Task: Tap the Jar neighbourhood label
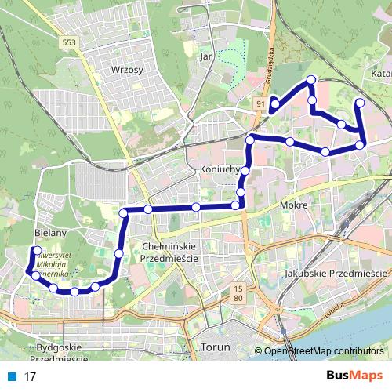coord(207,56)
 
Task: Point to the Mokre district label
coord(292,207)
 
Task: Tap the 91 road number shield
coord(260,102)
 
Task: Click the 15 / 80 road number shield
coord(238,294)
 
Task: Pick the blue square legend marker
coord(10,376)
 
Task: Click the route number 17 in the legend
coord(31,376)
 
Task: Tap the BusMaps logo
coord(354,376)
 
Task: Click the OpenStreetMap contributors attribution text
coord(322,350)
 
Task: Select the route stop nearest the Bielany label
coord(36,251)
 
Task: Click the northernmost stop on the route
coord(311,80)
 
